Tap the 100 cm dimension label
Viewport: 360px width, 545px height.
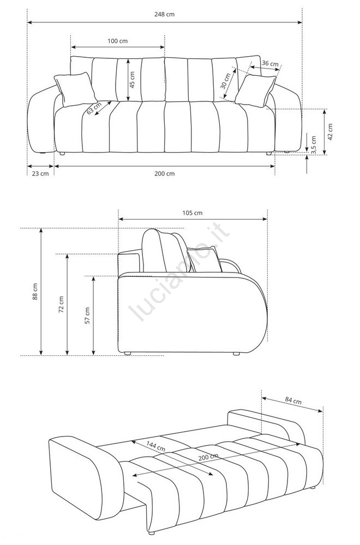click(117, 41)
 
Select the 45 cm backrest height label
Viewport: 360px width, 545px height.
click(132, 80)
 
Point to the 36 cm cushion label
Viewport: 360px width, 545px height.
click(270, 64)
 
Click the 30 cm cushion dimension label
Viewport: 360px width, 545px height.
click(225, 82)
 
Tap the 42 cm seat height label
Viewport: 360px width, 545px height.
click(330, 132)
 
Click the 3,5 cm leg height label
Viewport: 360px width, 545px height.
click(314, 144)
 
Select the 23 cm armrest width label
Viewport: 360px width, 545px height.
click(40, 174)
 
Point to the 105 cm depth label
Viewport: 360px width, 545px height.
click(192, 213)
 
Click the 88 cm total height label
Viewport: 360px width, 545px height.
click(34, 292)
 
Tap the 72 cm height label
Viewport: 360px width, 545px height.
click(61, 304)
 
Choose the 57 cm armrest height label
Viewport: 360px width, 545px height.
click(87, 315)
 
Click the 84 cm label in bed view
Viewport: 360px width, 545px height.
click(293, 401)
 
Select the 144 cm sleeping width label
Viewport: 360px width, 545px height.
click(156, 447)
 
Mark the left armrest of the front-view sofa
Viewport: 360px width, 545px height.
click(40, 123)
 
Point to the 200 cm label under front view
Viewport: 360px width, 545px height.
click(164, 174)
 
